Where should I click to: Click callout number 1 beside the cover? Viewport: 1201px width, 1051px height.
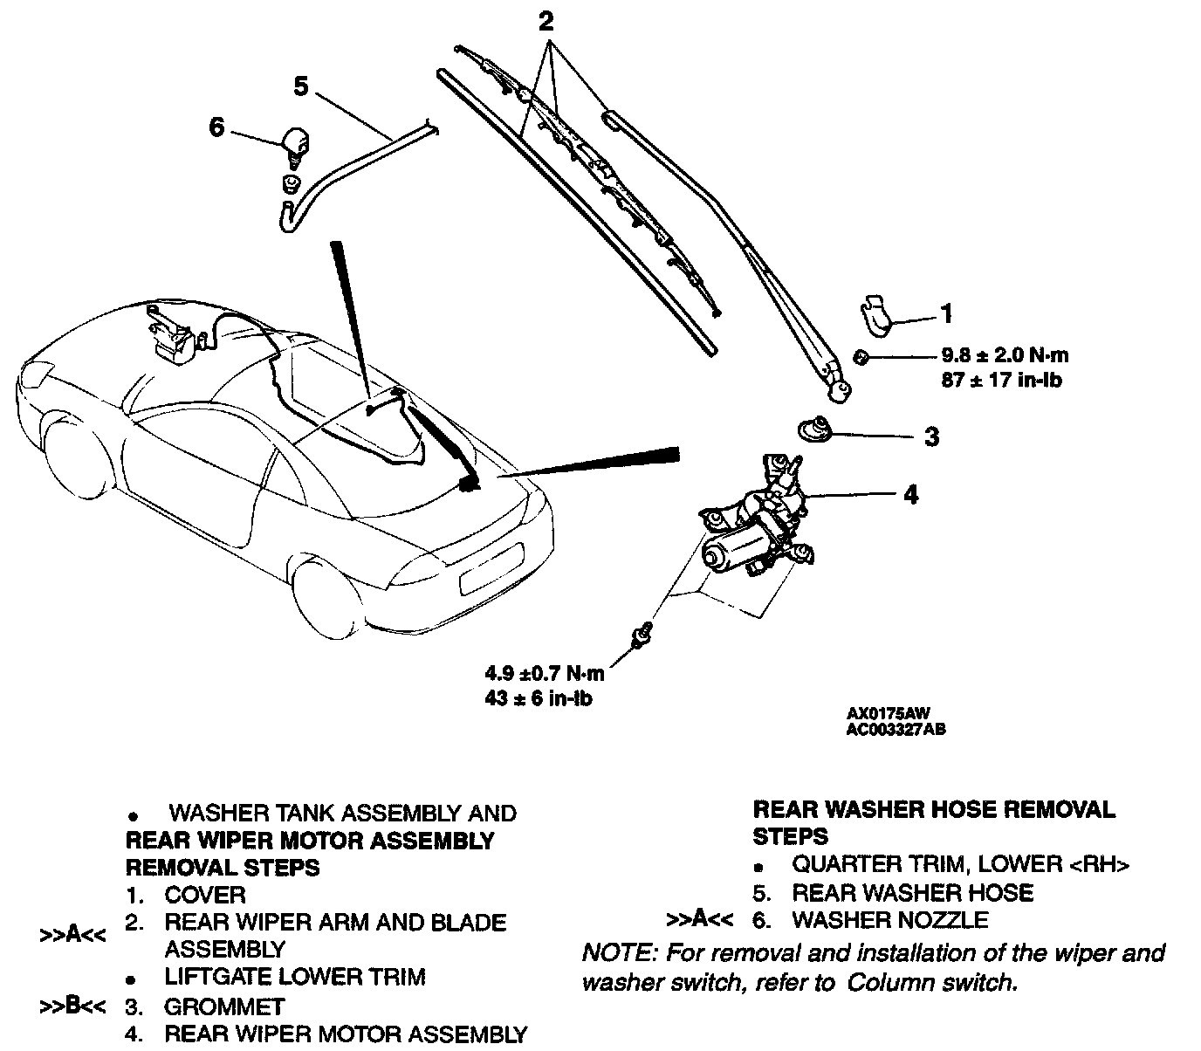(x=946, y=313)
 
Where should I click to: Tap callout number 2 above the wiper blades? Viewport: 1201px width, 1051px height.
(x=546, y=21)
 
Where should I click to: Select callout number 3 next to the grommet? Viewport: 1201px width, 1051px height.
(x=931, y=436)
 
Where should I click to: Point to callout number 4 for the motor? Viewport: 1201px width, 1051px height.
(x=910, y=495)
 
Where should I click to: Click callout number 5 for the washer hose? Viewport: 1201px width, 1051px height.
(x=301, y=86)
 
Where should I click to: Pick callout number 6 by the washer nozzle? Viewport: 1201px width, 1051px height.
(x=216, y=127)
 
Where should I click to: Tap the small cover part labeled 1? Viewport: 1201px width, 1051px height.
(x=875, y=314)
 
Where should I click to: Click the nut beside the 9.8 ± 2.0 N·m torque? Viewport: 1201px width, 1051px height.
(x=861, y=356)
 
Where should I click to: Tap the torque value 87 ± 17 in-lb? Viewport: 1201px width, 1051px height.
(x=1001, y=381)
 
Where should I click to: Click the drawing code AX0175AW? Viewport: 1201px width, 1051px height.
(x=882, y=713)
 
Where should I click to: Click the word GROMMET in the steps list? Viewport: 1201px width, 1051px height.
(x=224, y=1006)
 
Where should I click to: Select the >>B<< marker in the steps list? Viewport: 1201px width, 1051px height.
(x=73, y=1006)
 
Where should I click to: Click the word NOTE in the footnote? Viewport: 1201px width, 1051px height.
(x=613, y=952)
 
